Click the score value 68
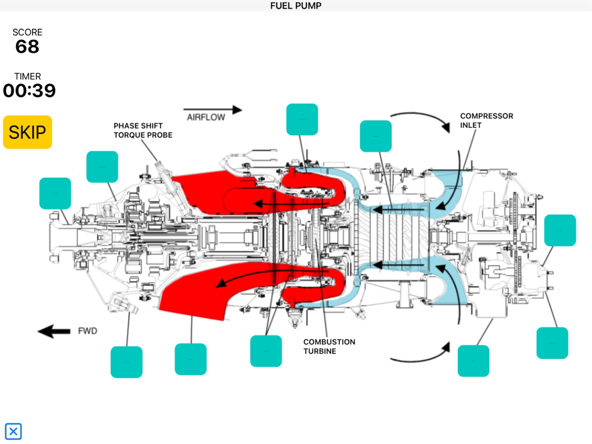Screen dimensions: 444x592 27,47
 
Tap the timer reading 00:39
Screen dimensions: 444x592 29,91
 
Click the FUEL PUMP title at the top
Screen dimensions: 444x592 295,6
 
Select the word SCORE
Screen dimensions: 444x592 27,33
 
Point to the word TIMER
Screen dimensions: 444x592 28,76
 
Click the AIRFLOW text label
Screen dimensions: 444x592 206,117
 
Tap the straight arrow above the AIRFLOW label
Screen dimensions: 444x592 213,110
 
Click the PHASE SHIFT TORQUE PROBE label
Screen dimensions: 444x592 143,130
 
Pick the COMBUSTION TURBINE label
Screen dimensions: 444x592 329,346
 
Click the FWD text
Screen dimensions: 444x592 87,331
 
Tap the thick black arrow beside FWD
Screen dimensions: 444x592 54,332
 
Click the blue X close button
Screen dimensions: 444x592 13,431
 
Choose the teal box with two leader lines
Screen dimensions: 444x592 266,351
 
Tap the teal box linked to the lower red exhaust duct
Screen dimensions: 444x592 191,359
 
